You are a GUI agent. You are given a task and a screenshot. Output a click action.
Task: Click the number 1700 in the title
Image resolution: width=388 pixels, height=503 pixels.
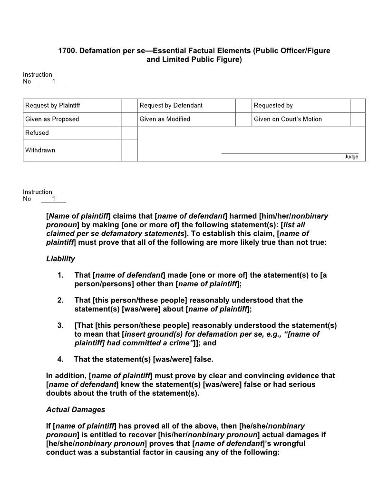click(x=67, y=50)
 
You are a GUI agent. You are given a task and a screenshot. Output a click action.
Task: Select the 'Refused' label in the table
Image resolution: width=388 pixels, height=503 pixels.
click(x=37, y=133)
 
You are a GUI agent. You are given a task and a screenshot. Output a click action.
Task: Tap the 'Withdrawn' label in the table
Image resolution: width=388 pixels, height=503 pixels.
click(x=40, y=150)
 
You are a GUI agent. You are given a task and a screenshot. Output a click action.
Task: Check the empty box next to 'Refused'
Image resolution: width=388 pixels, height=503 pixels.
click(x=129, y=133)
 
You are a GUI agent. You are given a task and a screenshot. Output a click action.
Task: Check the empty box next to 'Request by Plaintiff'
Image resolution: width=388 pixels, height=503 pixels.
click(x=129, y=105)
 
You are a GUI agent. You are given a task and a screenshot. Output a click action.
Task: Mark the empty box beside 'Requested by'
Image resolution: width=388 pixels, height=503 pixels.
click(x=358, y=105)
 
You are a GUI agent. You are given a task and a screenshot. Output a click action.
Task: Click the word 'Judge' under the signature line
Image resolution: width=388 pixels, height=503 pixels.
click(x=351, y=157)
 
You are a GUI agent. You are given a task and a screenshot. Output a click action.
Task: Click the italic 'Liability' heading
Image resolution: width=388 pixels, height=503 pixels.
click(x=60, y=259)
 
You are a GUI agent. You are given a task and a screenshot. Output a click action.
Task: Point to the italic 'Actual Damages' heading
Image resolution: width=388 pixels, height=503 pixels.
click(x=76, y=410)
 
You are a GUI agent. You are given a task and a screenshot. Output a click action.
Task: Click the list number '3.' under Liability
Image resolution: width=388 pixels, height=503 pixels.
click(x=60, y=325)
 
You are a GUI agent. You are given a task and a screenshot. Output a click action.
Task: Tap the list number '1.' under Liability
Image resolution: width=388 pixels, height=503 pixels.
click(x=60, y=275)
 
